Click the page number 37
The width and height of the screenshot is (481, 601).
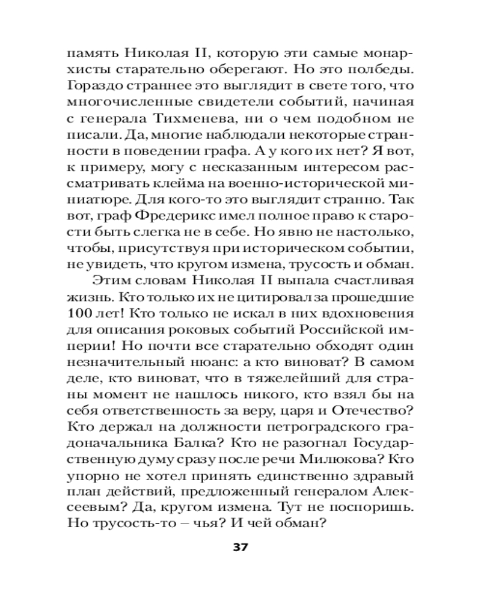click(x=240, y=548)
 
